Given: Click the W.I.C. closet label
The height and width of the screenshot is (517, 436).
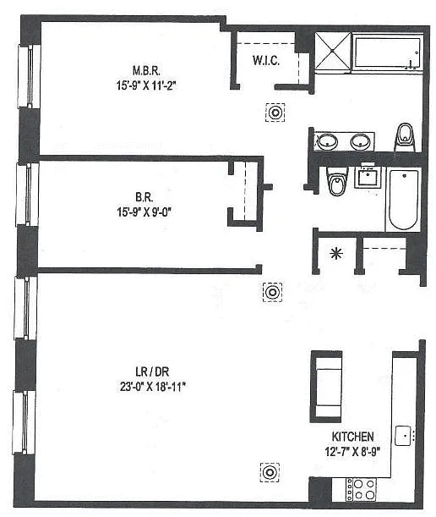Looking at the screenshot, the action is [266, 61].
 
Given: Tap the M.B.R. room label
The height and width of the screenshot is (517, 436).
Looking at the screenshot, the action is [146, 70].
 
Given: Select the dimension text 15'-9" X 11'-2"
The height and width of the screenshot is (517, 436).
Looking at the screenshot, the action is [146, 85].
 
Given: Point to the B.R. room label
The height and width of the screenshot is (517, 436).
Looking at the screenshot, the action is [144, 197].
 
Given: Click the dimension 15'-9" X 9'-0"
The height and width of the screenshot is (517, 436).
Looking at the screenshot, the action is [144, 212].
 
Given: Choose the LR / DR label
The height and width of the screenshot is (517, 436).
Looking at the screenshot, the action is [152, 372].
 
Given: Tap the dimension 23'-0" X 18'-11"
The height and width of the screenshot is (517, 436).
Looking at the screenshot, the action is [153, 387].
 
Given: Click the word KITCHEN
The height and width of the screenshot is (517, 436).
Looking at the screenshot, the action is [352, 437].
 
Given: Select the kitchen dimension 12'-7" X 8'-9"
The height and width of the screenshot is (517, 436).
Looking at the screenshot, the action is [352, 451].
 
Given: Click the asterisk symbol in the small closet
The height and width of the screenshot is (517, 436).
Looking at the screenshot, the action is [336, 254].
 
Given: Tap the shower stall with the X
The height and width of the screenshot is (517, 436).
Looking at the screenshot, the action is [333, 51].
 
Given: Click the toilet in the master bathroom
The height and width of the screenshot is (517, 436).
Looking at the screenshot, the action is [405, 137].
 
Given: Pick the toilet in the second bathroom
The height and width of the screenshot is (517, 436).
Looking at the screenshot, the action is [336, 182].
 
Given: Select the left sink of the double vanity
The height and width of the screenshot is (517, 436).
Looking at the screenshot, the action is [328, 142].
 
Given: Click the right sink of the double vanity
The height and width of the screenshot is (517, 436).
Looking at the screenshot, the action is [360, 141].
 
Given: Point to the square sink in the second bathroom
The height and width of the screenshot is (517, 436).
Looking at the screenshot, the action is [368, 176].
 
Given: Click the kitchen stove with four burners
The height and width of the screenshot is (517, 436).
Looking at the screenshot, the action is [361, 489].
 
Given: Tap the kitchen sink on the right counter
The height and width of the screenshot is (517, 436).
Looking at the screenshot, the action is [403, 436].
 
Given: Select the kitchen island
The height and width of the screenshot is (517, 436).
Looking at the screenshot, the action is [326, 387].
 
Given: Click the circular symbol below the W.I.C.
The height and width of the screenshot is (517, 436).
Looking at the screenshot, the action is [275, 113].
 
